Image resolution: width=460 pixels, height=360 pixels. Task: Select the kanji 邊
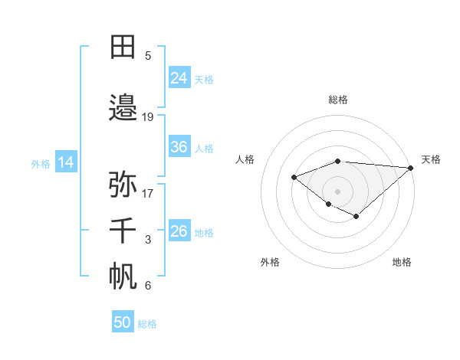[123, 108]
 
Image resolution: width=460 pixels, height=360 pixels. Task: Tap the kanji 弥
[123, 184]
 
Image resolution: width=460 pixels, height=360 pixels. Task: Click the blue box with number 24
[179, 78]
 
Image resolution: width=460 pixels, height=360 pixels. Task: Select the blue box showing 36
[179, 147]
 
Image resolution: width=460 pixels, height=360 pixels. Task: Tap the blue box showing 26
[179, 231]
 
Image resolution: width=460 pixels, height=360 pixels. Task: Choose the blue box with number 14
[66, 162]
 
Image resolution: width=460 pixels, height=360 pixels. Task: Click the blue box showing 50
[123, 322]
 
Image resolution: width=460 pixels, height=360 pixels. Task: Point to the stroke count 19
[148, 116]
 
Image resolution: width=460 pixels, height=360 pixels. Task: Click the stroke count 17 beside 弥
[148, 193]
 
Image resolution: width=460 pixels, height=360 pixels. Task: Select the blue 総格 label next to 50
[147, 324]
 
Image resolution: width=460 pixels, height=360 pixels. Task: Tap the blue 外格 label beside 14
[41, 163]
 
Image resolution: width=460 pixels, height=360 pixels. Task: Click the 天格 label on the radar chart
[431, 159]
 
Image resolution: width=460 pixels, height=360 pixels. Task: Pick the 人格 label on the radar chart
[245, 159]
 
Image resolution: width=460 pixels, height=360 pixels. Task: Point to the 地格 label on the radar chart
[402, 262]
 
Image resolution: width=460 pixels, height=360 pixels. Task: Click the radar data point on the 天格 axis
[412, 168]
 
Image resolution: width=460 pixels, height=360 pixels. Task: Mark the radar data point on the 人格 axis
[294, 177]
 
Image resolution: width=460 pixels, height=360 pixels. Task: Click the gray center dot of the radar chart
[338, 191]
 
